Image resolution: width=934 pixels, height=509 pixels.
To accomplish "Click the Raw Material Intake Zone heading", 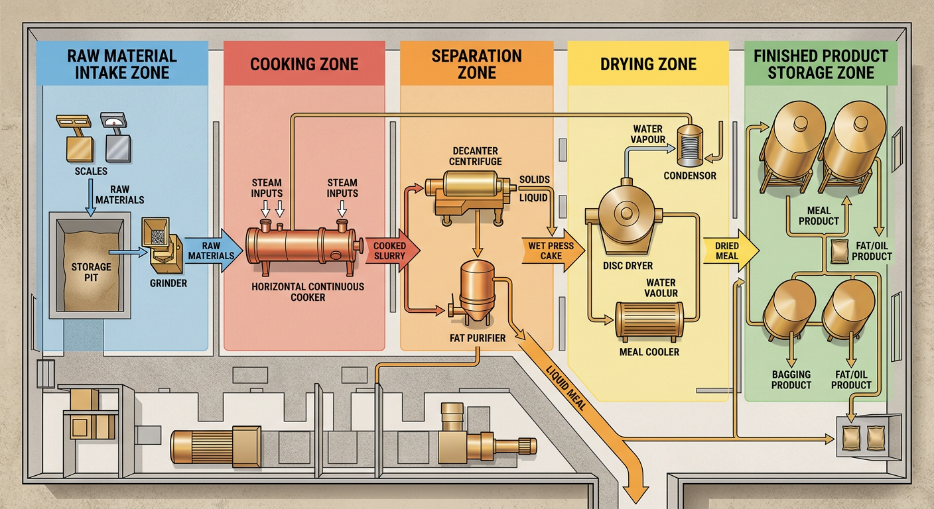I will click(122, 64).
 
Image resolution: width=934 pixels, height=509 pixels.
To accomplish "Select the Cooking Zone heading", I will click(304, 64).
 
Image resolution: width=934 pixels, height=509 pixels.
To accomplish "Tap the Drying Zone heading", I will click(648, 64).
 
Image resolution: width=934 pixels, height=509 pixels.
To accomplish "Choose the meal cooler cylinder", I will click(649, 321).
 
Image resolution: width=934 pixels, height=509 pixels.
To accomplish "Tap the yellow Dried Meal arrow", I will click(729, 251).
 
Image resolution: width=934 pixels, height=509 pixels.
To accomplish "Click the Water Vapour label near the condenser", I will click(647, 134).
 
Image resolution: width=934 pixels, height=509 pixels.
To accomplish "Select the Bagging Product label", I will click(791, 379).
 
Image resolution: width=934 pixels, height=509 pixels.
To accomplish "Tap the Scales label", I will click(92, 171).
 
